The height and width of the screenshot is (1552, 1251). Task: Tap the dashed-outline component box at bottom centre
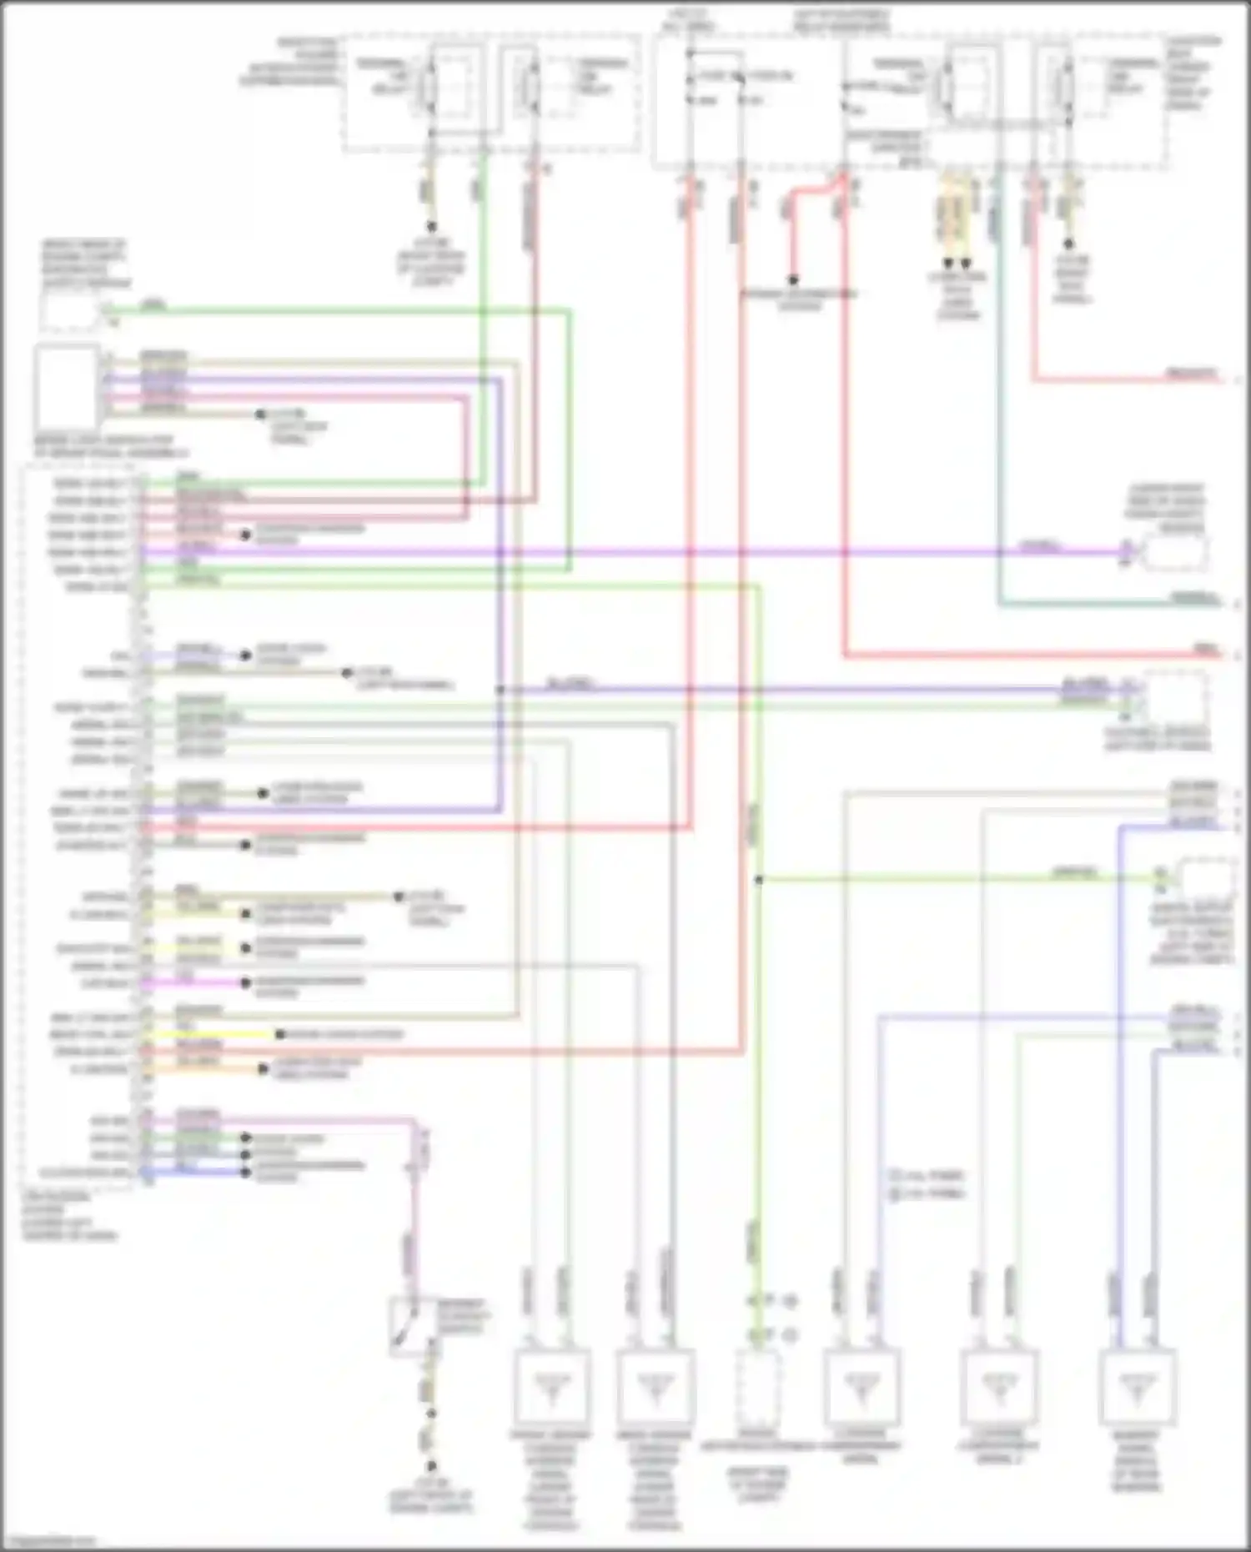pyautogui.click(x=757, y=1386)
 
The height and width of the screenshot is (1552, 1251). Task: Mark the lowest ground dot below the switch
pyautogui.click(x=431, y=1464)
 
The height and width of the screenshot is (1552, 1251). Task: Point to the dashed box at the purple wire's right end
pyautogui.click(x=1174, y=552)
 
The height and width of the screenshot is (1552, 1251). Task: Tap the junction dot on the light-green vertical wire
pyautogui.click(x=758, y=880)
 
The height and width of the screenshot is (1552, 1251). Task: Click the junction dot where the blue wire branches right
pyautogui.click(x=500, y=690)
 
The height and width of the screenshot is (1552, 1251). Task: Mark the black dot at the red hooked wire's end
pyautogui.click(x=793, y=280)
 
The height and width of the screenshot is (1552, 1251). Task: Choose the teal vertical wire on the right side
pyautogui.click(x=998, y=417)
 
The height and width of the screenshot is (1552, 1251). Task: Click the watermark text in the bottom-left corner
pyautogui.click(x=48, y=1541)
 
